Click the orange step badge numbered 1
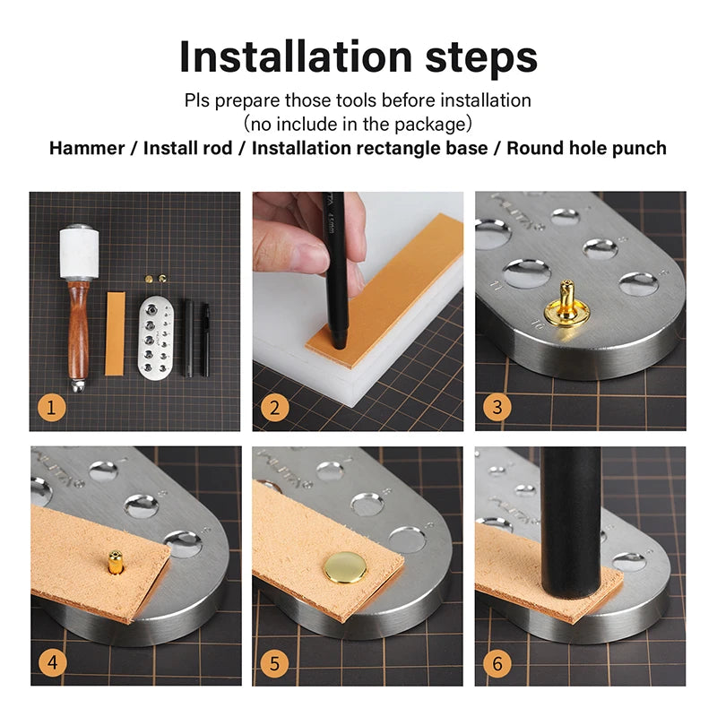coord(52,408)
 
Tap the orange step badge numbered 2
coord(274,408)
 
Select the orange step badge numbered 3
coord(496,408)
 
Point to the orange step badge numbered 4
coord(52,664)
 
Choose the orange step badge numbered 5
coord(274,664)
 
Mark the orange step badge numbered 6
coord(496,664)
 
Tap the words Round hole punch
coord(586,148)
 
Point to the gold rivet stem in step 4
coord(116,561)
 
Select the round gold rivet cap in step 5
coord(344,566)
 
